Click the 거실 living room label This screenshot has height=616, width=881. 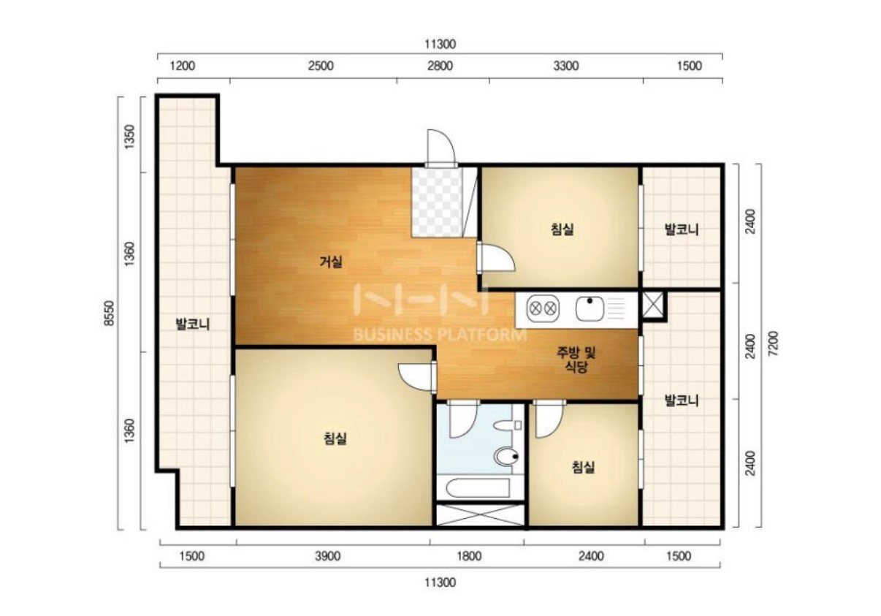click(x=331, y=262)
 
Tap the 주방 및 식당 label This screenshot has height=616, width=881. click(x=576, y=360)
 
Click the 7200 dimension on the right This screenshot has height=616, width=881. click(x=773, y=343)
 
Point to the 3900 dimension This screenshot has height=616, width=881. click(x=327, y=556)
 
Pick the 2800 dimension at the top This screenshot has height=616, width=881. click(x=440, y=66)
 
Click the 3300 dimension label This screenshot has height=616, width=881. click(x=566, y=66)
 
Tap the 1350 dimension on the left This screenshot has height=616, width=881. click(x=129, y=137)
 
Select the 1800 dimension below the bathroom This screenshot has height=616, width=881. click(x=469, y=556)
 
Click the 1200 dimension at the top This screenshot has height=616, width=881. click(x=182, y=66)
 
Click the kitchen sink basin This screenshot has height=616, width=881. click(x=590, y=309)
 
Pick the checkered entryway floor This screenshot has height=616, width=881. click(x=437, y=202)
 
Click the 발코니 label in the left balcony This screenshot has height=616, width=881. click(x=192, y=324)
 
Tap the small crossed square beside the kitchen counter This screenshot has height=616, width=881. click(x=652, y=305)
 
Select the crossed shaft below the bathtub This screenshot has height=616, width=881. click(x=480, y=515)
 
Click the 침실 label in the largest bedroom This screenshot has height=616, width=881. click(x=335, y=438)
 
